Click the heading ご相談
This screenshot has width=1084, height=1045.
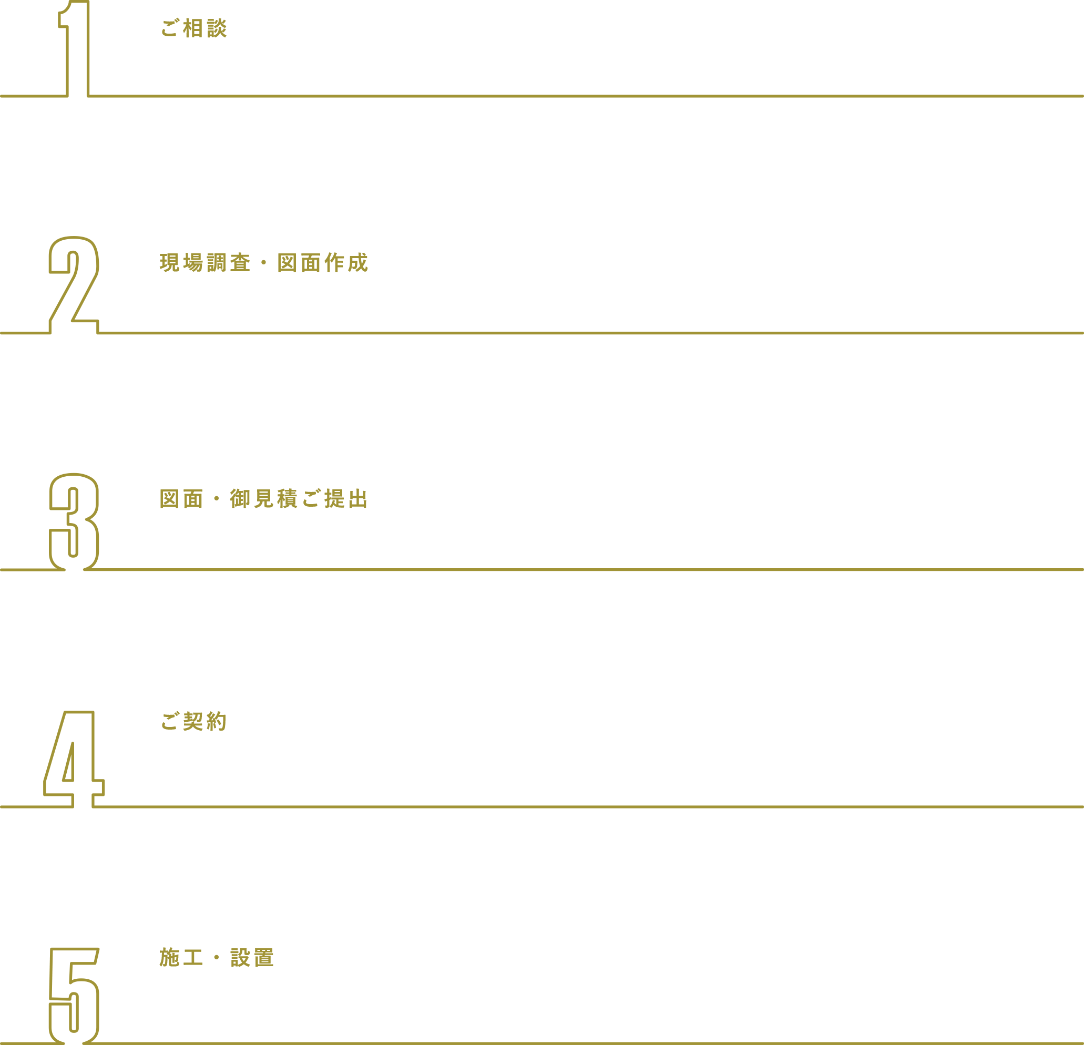(x=193, y=28)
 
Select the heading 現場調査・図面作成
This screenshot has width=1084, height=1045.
(x=261, y=263)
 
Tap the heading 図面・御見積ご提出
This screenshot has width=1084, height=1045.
(x=261, y=499)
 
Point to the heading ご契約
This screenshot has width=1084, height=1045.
(x=193, y=721)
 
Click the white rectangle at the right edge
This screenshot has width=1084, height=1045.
(x=1025, y=468)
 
